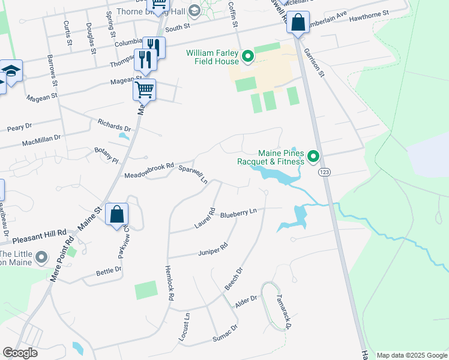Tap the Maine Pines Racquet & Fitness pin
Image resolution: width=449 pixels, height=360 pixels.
[x=313, y=157]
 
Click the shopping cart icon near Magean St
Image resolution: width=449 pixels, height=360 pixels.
[x=144, y=90]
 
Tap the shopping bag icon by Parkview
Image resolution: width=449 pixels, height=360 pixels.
[x=116, y=214]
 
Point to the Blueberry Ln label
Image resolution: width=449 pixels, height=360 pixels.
[x=238, y=212]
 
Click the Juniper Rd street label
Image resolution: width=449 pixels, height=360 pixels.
[x=213, y=250]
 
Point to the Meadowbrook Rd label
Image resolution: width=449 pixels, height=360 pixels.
[x=149, y=172]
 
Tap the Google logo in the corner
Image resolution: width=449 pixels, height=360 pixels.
[x=20, y=353]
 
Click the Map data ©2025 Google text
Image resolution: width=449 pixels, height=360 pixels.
[x=412, y=355]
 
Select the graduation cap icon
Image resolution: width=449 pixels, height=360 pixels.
[x=11, y=70]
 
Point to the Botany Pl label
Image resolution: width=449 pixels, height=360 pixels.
[x=107, y=154]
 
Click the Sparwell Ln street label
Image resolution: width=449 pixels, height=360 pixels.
[x=193, y=172]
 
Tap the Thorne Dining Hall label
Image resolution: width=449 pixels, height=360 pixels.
[x=150, y=10]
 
